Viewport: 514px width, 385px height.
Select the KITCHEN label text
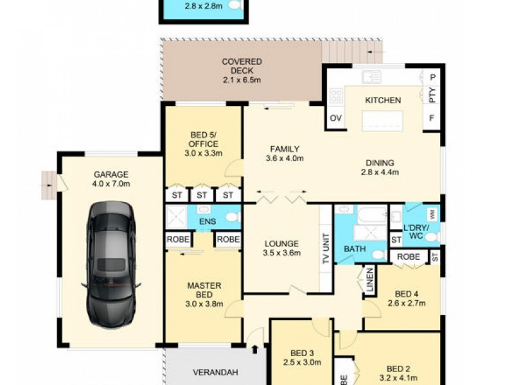point(383,100)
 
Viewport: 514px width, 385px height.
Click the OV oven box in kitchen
point(335,119)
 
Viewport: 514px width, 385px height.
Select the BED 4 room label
point(407,294)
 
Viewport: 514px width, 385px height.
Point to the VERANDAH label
point(215,372)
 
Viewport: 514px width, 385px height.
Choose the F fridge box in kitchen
point(432,119)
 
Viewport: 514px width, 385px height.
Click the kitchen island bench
point(382,120)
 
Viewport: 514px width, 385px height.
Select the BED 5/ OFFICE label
point(204,139)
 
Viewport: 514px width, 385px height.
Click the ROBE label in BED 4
point(408,256)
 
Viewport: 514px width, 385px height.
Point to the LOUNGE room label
point(281,244)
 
